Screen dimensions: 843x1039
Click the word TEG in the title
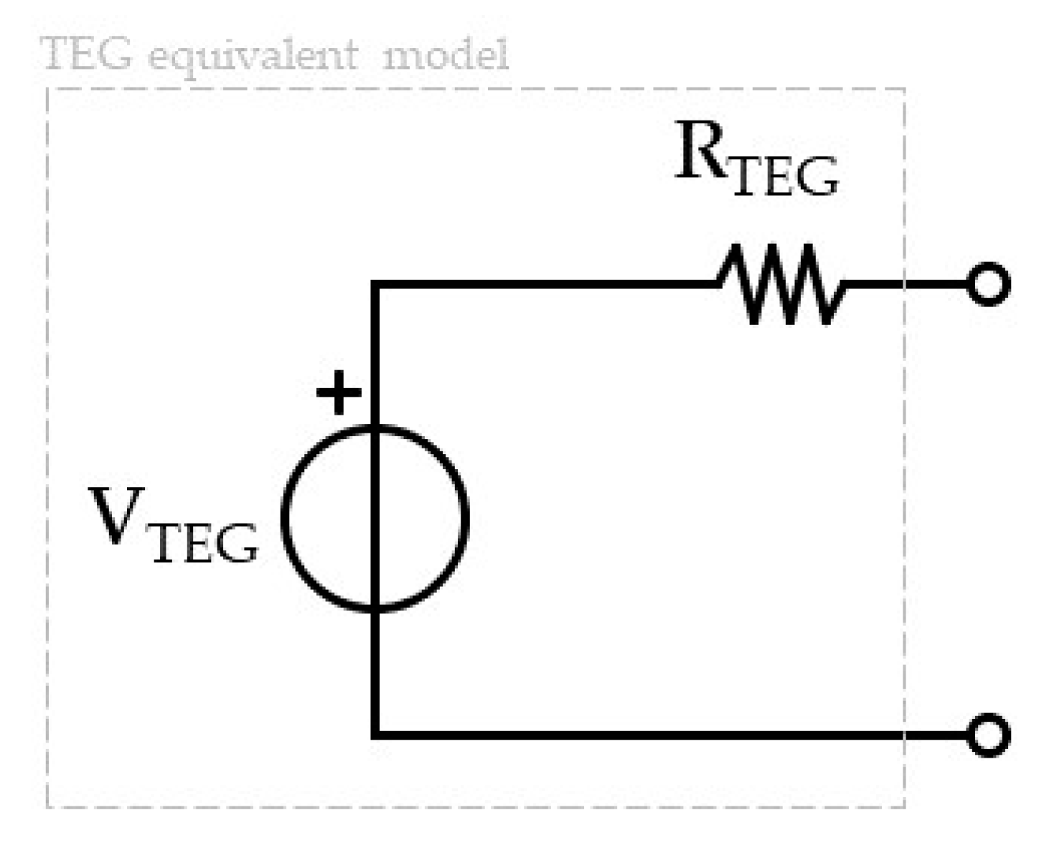pos(87,54)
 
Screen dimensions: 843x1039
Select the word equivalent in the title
pos(252,56)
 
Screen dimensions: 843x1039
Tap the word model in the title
pos(446,54)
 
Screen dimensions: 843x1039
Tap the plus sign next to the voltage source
pos(339,393)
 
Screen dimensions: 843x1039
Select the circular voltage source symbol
pos(375,518)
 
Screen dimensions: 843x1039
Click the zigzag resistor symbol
pos(782,284)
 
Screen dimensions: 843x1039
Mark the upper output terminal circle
pos(989,284)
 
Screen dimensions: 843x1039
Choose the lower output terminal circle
pos(989,735)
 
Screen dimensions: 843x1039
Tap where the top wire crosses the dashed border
pos(904,285)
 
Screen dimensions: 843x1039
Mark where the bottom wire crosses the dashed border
pos(904,735)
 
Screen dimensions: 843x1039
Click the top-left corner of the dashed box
pos(47,89)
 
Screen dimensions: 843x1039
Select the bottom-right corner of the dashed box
pos(904,807)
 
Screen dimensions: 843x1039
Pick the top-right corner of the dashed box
pos(904,89)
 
